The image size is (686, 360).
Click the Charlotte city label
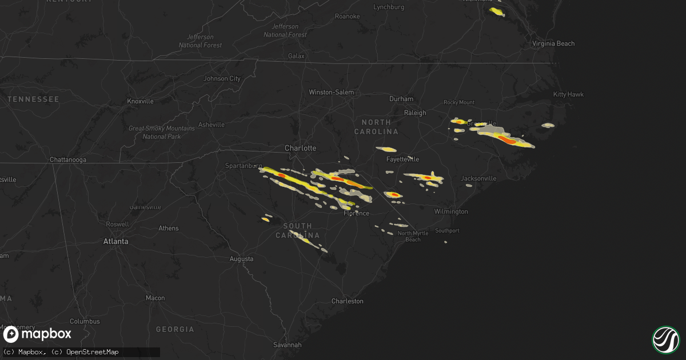[300, 148]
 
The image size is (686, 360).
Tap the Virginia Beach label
[553, 43]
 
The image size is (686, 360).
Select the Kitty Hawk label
[568, 94]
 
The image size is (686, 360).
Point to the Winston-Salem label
[331, 92]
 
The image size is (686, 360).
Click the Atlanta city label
[115, 242]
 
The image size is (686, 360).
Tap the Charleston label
[347, 301]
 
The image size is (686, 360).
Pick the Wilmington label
[451, 211]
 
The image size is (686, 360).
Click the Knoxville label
[140, 101]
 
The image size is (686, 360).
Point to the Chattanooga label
[67, 160]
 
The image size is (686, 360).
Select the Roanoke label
[348, 17]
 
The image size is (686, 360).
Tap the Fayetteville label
[402, 159]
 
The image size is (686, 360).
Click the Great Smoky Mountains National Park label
[161, 133]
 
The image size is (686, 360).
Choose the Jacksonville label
[478, 178]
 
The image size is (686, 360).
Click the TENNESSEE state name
[33, 99]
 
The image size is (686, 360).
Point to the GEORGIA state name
[175, 330]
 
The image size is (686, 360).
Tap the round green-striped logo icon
[665, 339]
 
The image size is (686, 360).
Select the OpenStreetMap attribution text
[93, 352]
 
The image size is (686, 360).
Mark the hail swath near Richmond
[497, 11]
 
